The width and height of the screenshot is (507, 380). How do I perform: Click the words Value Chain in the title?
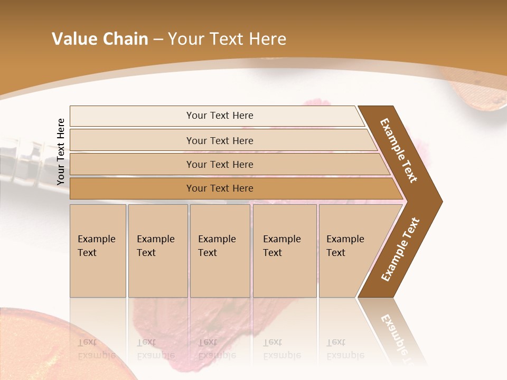[x=100, y=39]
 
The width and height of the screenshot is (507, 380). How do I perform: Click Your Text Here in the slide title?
[x=227, y=39]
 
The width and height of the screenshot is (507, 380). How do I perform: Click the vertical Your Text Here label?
[x=61, y=151]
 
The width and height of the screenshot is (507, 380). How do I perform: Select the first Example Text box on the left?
[x=98, y=250]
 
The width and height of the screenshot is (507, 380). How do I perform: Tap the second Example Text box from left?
[x=157, y=250]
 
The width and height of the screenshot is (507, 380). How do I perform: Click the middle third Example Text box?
[x=220, y=250]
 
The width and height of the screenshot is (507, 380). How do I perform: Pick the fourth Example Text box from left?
[x=285, y=250]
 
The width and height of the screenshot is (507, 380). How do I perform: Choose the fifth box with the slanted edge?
[x=349, y=250]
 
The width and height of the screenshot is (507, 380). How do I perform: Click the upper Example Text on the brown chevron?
[x=399, y=150]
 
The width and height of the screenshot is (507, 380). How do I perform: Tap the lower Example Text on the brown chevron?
[x=400, y=250]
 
